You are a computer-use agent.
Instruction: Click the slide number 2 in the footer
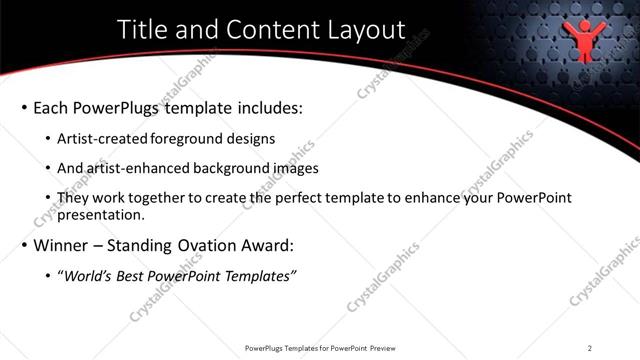[x=590, y=348]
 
